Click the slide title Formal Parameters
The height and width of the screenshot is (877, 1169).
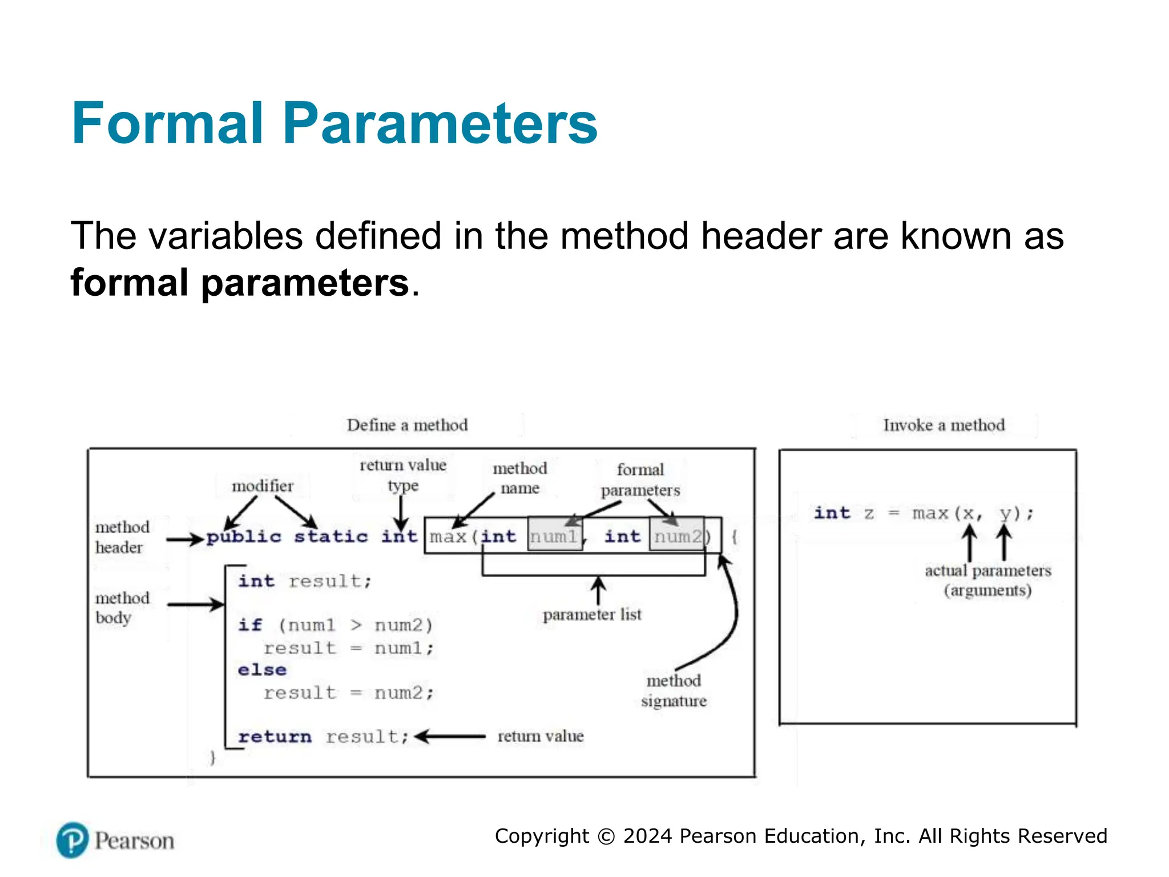click(x=334, y=123)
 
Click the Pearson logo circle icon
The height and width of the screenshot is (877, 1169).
click(x=72, y=840)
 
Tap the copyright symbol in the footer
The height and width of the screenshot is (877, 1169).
click(x=606, y=836)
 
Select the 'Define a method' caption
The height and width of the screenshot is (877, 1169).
click(x=407, y=425)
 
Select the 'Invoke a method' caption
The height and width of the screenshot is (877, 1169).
click(x=944, y=425)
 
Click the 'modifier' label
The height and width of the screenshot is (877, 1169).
click(x=263, y=486)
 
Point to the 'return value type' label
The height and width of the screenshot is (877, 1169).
click(x=403, y=475)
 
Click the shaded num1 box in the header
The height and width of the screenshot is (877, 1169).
click(x=554, y=536)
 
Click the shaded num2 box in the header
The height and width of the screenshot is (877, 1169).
click(x=677, y=536)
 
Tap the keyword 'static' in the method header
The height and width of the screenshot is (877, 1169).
click(x=331, y=537)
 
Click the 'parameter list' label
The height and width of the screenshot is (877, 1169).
click(x=592, y=614)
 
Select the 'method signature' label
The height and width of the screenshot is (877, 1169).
click(x=674, y=690)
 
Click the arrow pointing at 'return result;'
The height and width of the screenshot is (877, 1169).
click(x=450, y=737)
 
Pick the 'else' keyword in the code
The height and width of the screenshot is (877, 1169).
click(x=262, y=669)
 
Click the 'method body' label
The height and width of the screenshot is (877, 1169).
click(x=122, y=608)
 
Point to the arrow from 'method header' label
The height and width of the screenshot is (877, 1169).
click(x=184, y=539)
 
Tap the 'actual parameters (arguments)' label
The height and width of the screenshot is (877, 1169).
click(x=987, y=580)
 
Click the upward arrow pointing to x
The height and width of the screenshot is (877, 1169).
click(x=969, y=543)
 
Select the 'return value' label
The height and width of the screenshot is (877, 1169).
click(x=541, y=737)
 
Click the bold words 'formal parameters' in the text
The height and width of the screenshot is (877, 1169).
click(x=240, y=283)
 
